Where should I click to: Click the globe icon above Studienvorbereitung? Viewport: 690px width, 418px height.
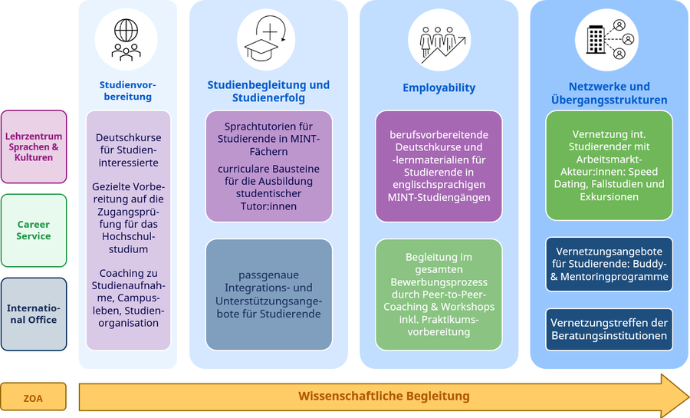tap(127, 39)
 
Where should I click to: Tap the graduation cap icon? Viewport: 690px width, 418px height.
tap(265, 40)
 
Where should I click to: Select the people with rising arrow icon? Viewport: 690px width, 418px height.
tap(438, 40)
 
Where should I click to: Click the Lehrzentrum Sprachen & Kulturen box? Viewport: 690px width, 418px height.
tap(34, 146)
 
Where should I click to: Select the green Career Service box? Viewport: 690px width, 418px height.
tap(34, 230)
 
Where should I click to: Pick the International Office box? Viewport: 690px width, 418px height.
tap(34, 314)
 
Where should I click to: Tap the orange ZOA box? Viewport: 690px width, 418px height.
tap(33, 397)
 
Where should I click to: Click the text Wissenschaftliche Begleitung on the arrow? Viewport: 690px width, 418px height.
tap(383, 397)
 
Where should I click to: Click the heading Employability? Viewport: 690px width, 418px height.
tap(439, 88)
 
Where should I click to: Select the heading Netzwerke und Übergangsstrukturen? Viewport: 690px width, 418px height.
tap(609, 94)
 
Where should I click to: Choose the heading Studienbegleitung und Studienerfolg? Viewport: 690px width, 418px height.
tap(268, 91)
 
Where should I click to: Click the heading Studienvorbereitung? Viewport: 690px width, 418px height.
tap(127, 91)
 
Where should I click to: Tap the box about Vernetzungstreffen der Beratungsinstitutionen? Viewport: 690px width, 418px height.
tap(609, 329)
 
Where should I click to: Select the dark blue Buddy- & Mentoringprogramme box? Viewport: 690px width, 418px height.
tap(609, 264)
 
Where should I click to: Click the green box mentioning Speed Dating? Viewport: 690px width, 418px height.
tap(609, 165)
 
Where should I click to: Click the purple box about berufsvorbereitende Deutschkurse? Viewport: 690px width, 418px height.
tap(439, 166)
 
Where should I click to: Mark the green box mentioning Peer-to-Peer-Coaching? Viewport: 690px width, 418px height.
tap(439, 295)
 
